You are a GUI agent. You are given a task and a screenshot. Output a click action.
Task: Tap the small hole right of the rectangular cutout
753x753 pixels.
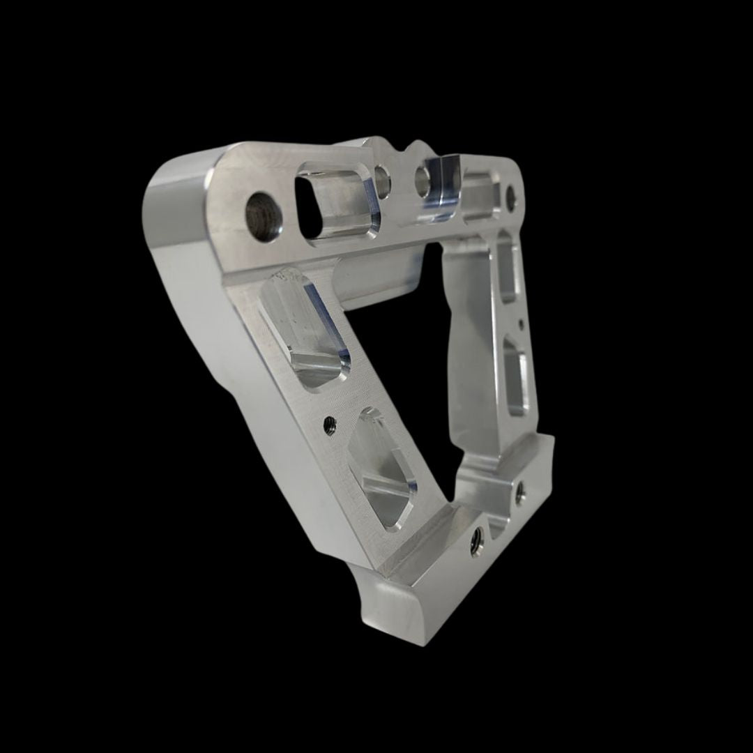point(382,179)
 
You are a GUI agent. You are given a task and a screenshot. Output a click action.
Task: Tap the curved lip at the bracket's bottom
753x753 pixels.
point(390,607)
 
